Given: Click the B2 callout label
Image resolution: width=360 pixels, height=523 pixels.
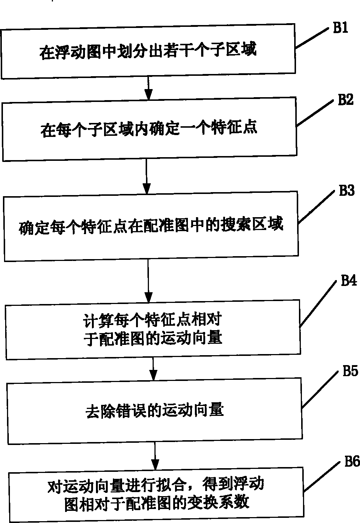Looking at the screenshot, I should pyautogui.click(x=345, y=100).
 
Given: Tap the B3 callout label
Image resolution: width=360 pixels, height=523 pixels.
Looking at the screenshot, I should pyautogui.click(x=346, y=191).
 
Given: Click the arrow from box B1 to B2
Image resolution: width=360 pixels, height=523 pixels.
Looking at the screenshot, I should pyautogui.click(x=148, y=87).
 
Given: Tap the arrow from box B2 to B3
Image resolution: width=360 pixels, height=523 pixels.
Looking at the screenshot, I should pyautogui.click(x=147, y=177).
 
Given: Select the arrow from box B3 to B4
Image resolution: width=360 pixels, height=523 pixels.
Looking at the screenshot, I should pyautogui.click(x=148, y=282).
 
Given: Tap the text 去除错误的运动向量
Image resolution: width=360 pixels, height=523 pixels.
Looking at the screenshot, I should pyautogui.click(x=154, y=410).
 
